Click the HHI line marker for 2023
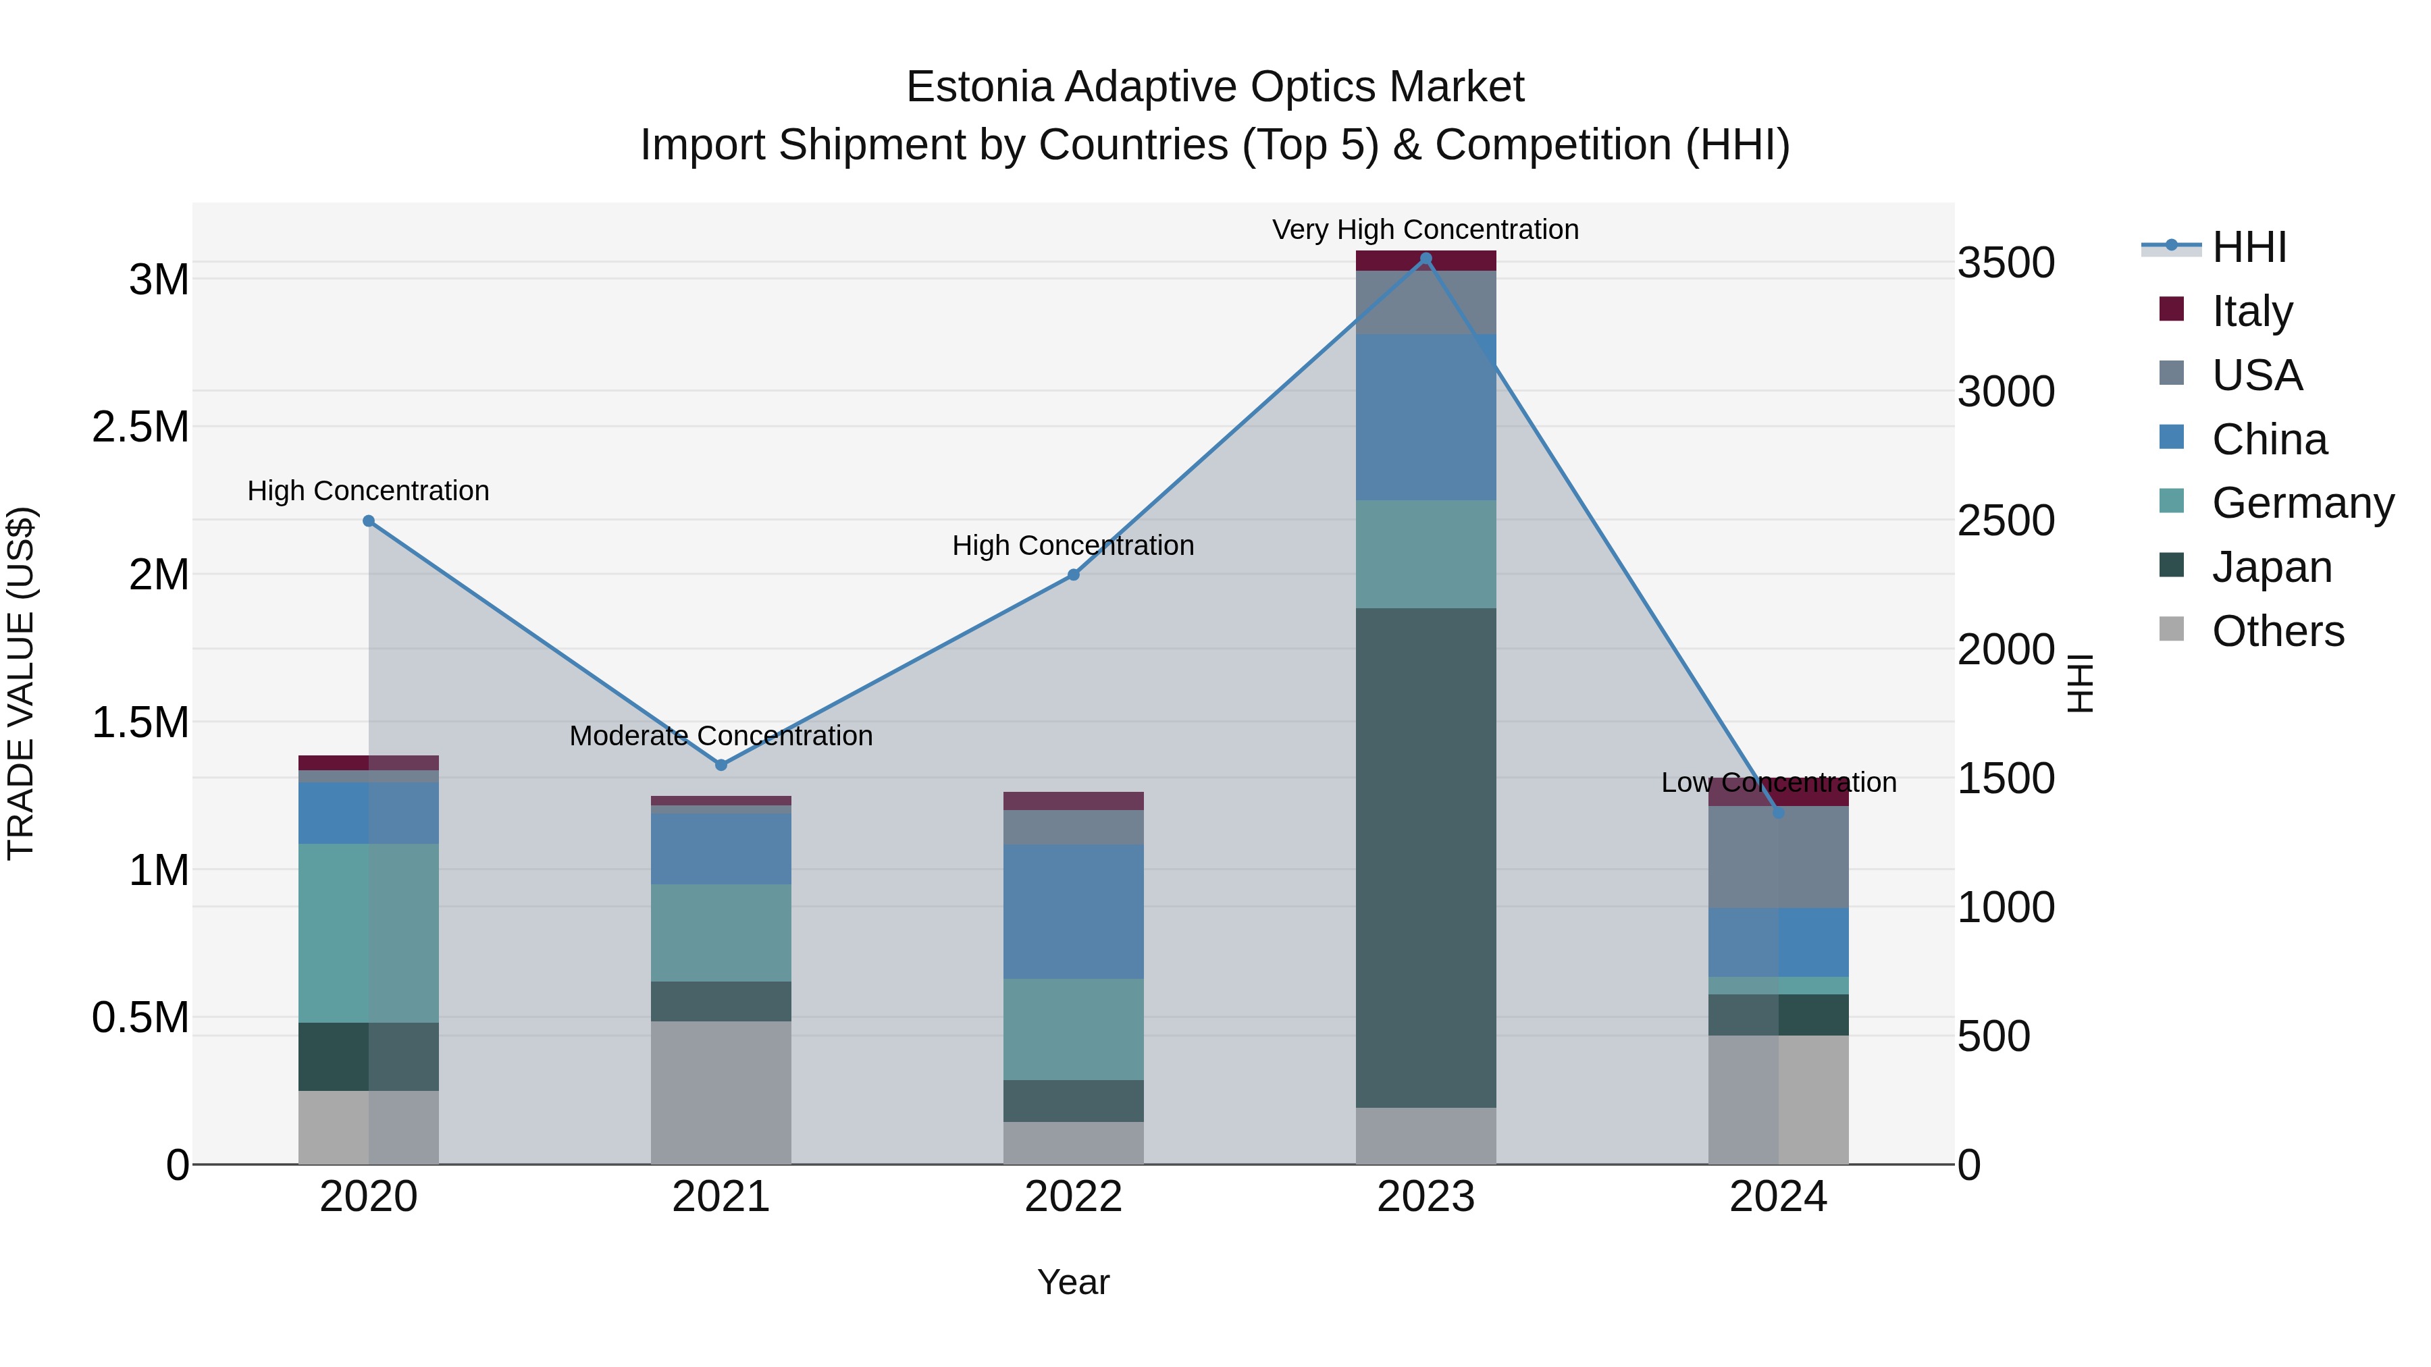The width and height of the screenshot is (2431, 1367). pyautogui.click(x=1426, y=259)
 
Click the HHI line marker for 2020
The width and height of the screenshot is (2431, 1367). pyautogui.click(x=369, y=520)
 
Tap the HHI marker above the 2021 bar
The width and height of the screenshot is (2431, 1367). pyautogui.click(x=721, y=765)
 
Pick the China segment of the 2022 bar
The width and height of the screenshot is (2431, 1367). pyautogui.click(x=1073, y=911)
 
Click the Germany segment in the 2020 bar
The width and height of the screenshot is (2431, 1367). pyautogui.click(x=368, y=932)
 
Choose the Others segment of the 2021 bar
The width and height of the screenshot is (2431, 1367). pyautogui.click(x=721, y=1092)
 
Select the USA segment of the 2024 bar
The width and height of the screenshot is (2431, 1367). pyautogui.click(x=1778, y=857)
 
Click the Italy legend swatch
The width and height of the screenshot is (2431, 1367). pyautogui.click(x=2172, y=309)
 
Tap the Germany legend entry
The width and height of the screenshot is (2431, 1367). pyautogui.click(x=2302, y=503)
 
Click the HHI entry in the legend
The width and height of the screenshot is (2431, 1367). pyautogui.click(x=2249, y=247)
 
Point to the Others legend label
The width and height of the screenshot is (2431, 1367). pyautogui.click(x=2277, y=631)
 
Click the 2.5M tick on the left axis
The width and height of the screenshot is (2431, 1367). pyautogui.click(x=140, y=427)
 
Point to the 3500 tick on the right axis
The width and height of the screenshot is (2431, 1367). pyautogui.click(x=2006, y=263)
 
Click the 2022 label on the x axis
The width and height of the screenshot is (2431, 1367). pyautogui.click(x=1073, y=1197)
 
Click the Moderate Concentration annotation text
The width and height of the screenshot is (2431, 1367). pyautogui.click(x=721, y=736)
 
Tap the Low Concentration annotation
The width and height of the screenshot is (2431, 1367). pyautogui.click(x=1778, y=782)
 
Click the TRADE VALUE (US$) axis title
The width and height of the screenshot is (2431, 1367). pyautogui.click(x=21, y=683)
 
